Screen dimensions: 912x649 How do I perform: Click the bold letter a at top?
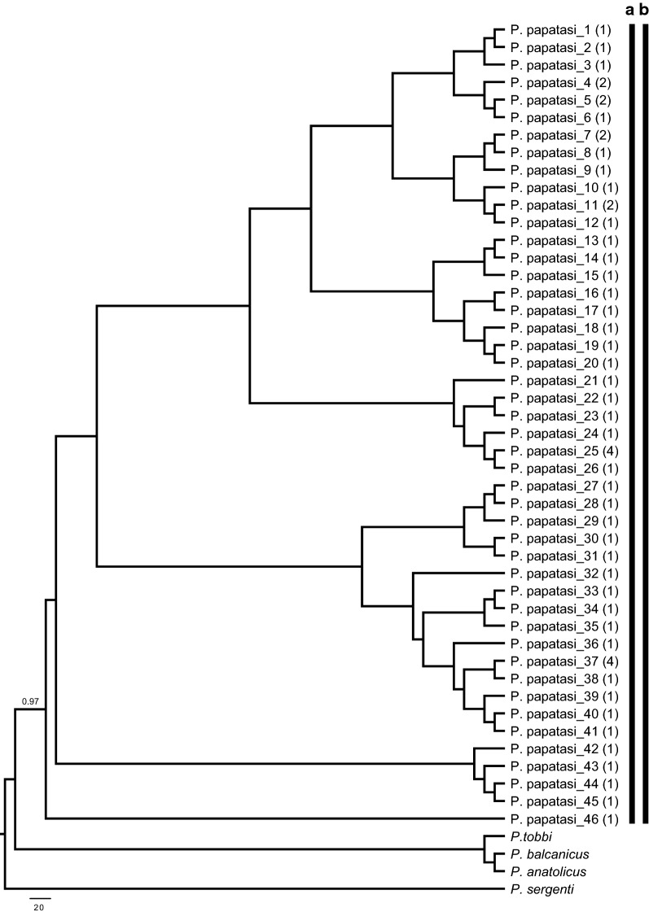pyautogui.click(x=629, y=10)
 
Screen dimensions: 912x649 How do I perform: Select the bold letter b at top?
pyautogui.click(x=644, y=10)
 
